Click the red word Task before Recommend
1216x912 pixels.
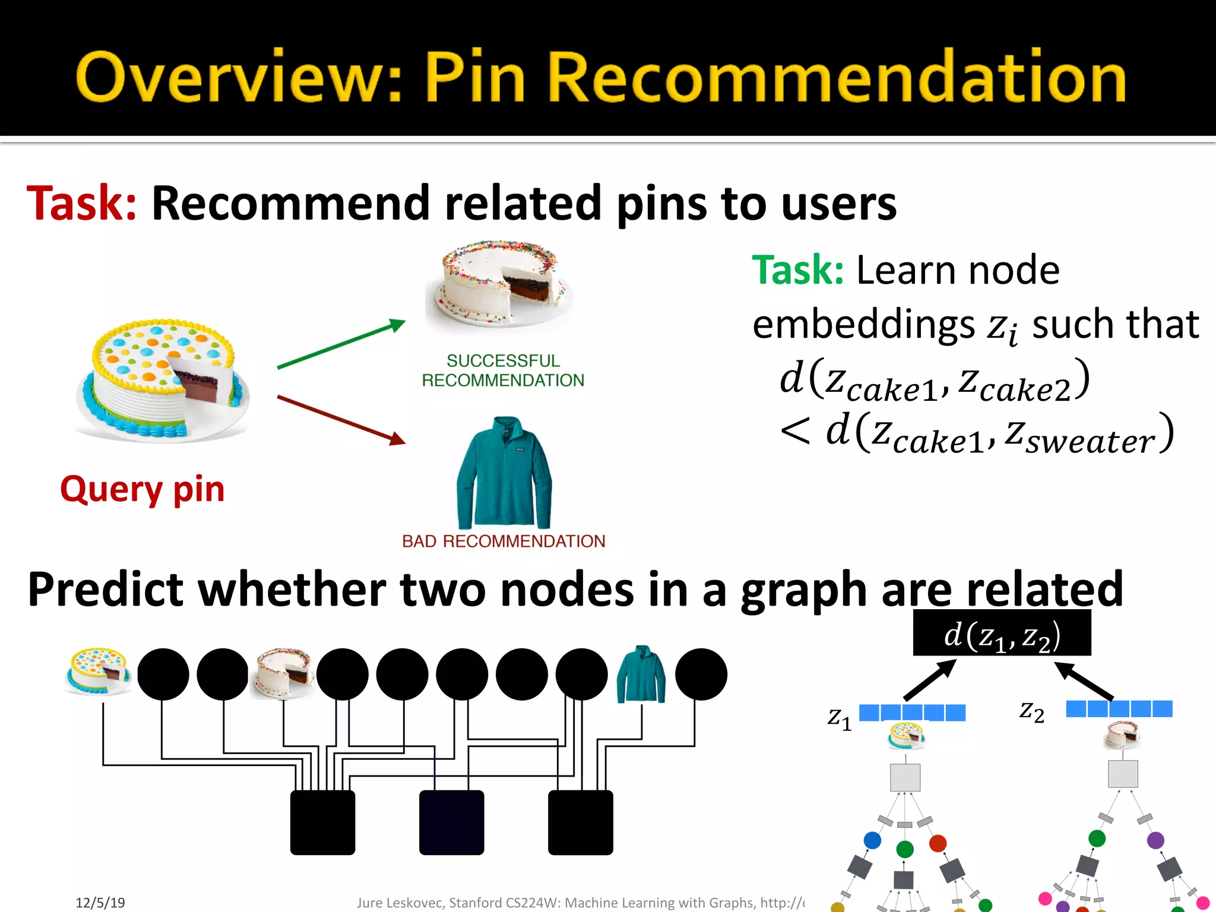pyautogui.click(x=82, y=204)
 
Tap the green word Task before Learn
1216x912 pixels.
pyautogui.click(x=797, y=270)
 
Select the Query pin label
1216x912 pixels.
pyautogui.click(x=142, y=489)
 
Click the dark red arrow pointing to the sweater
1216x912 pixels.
pyautogui.click(x=341, y=420)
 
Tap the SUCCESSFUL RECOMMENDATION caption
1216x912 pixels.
pyautogui.click(x=503, y=370)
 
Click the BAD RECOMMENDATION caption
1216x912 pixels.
pyautogui.click(x=503, y=541)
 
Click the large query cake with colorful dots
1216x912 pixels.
pyautogui.click(x=162, y=381)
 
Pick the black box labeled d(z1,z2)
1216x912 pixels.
pyautogui.click(x=1002, y=634)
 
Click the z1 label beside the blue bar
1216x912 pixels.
pyautogui.click(x=840, y=718)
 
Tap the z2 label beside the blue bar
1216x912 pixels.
pyautogui.click(x=1032, y=711)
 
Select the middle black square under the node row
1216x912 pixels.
pyautogui.click(x=451, y=822)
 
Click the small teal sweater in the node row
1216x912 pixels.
pyautogui.click(x=641, y=675)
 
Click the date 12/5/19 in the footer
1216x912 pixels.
pyautogui.click(x=100, y=902)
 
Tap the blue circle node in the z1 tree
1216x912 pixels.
pyautogui.click(x=872, y=840)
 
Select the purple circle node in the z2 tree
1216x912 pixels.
pyautogui.click(x=1155, y=840)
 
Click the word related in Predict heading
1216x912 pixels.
pyautogui.click(x=1045, y=589)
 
